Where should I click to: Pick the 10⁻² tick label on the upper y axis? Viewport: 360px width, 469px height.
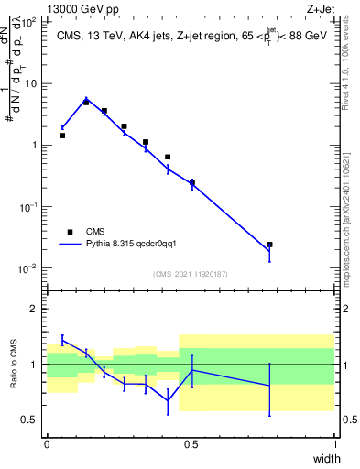(x=29, y=268)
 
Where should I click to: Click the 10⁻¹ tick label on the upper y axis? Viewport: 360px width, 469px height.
(x=29, y=207)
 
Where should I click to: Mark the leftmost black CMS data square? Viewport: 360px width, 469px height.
(x=62, y=136)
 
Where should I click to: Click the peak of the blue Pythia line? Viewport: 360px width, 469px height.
(x=86, y=99)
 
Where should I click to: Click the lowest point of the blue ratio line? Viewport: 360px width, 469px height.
(x=168, y=400)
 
